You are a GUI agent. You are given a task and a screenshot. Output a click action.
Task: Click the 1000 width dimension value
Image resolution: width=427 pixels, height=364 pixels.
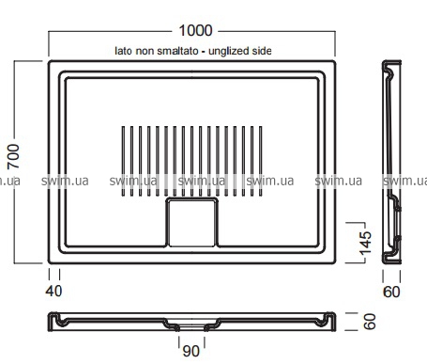195,31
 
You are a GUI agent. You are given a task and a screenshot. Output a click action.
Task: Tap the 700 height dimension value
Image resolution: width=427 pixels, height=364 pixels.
13,156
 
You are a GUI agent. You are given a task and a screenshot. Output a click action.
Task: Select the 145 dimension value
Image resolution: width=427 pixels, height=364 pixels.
365,244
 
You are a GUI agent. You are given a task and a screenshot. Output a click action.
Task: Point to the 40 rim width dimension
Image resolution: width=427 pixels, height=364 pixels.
53,292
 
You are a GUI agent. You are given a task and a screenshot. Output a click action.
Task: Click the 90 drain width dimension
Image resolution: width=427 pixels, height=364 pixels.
191,351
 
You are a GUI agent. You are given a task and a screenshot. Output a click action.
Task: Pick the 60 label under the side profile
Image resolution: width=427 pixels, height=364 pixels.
391,292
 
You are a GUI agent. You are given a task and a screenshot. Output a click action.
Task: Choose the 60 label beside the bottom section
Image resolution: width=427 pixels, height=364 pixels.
370,322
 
